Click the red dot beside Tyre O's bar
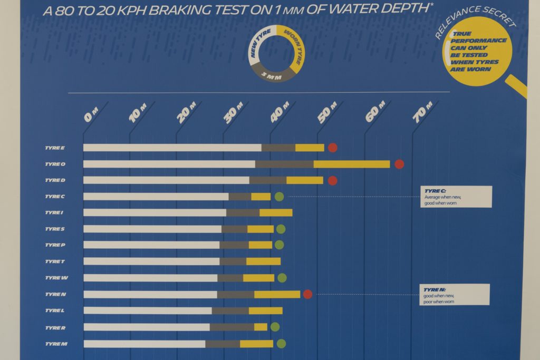point(399,164)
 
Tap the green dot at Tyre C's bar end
point(279,197)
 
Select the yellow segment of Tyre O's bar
point(352,164)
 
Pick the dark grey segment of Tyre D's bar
point(268,180)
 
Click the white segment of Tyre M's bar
point(144,344)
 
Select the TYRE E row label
point(55,148)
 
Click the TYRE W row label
point(56,278)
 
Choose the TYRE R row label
point(55,327)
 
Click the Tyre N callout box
point(456,295)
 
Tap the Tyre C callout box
point(456,196)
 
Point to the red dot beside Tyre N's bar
point(307,294)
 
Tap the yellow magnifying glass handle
point(517,86)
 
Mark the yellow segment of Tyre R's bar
point(261,327)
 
